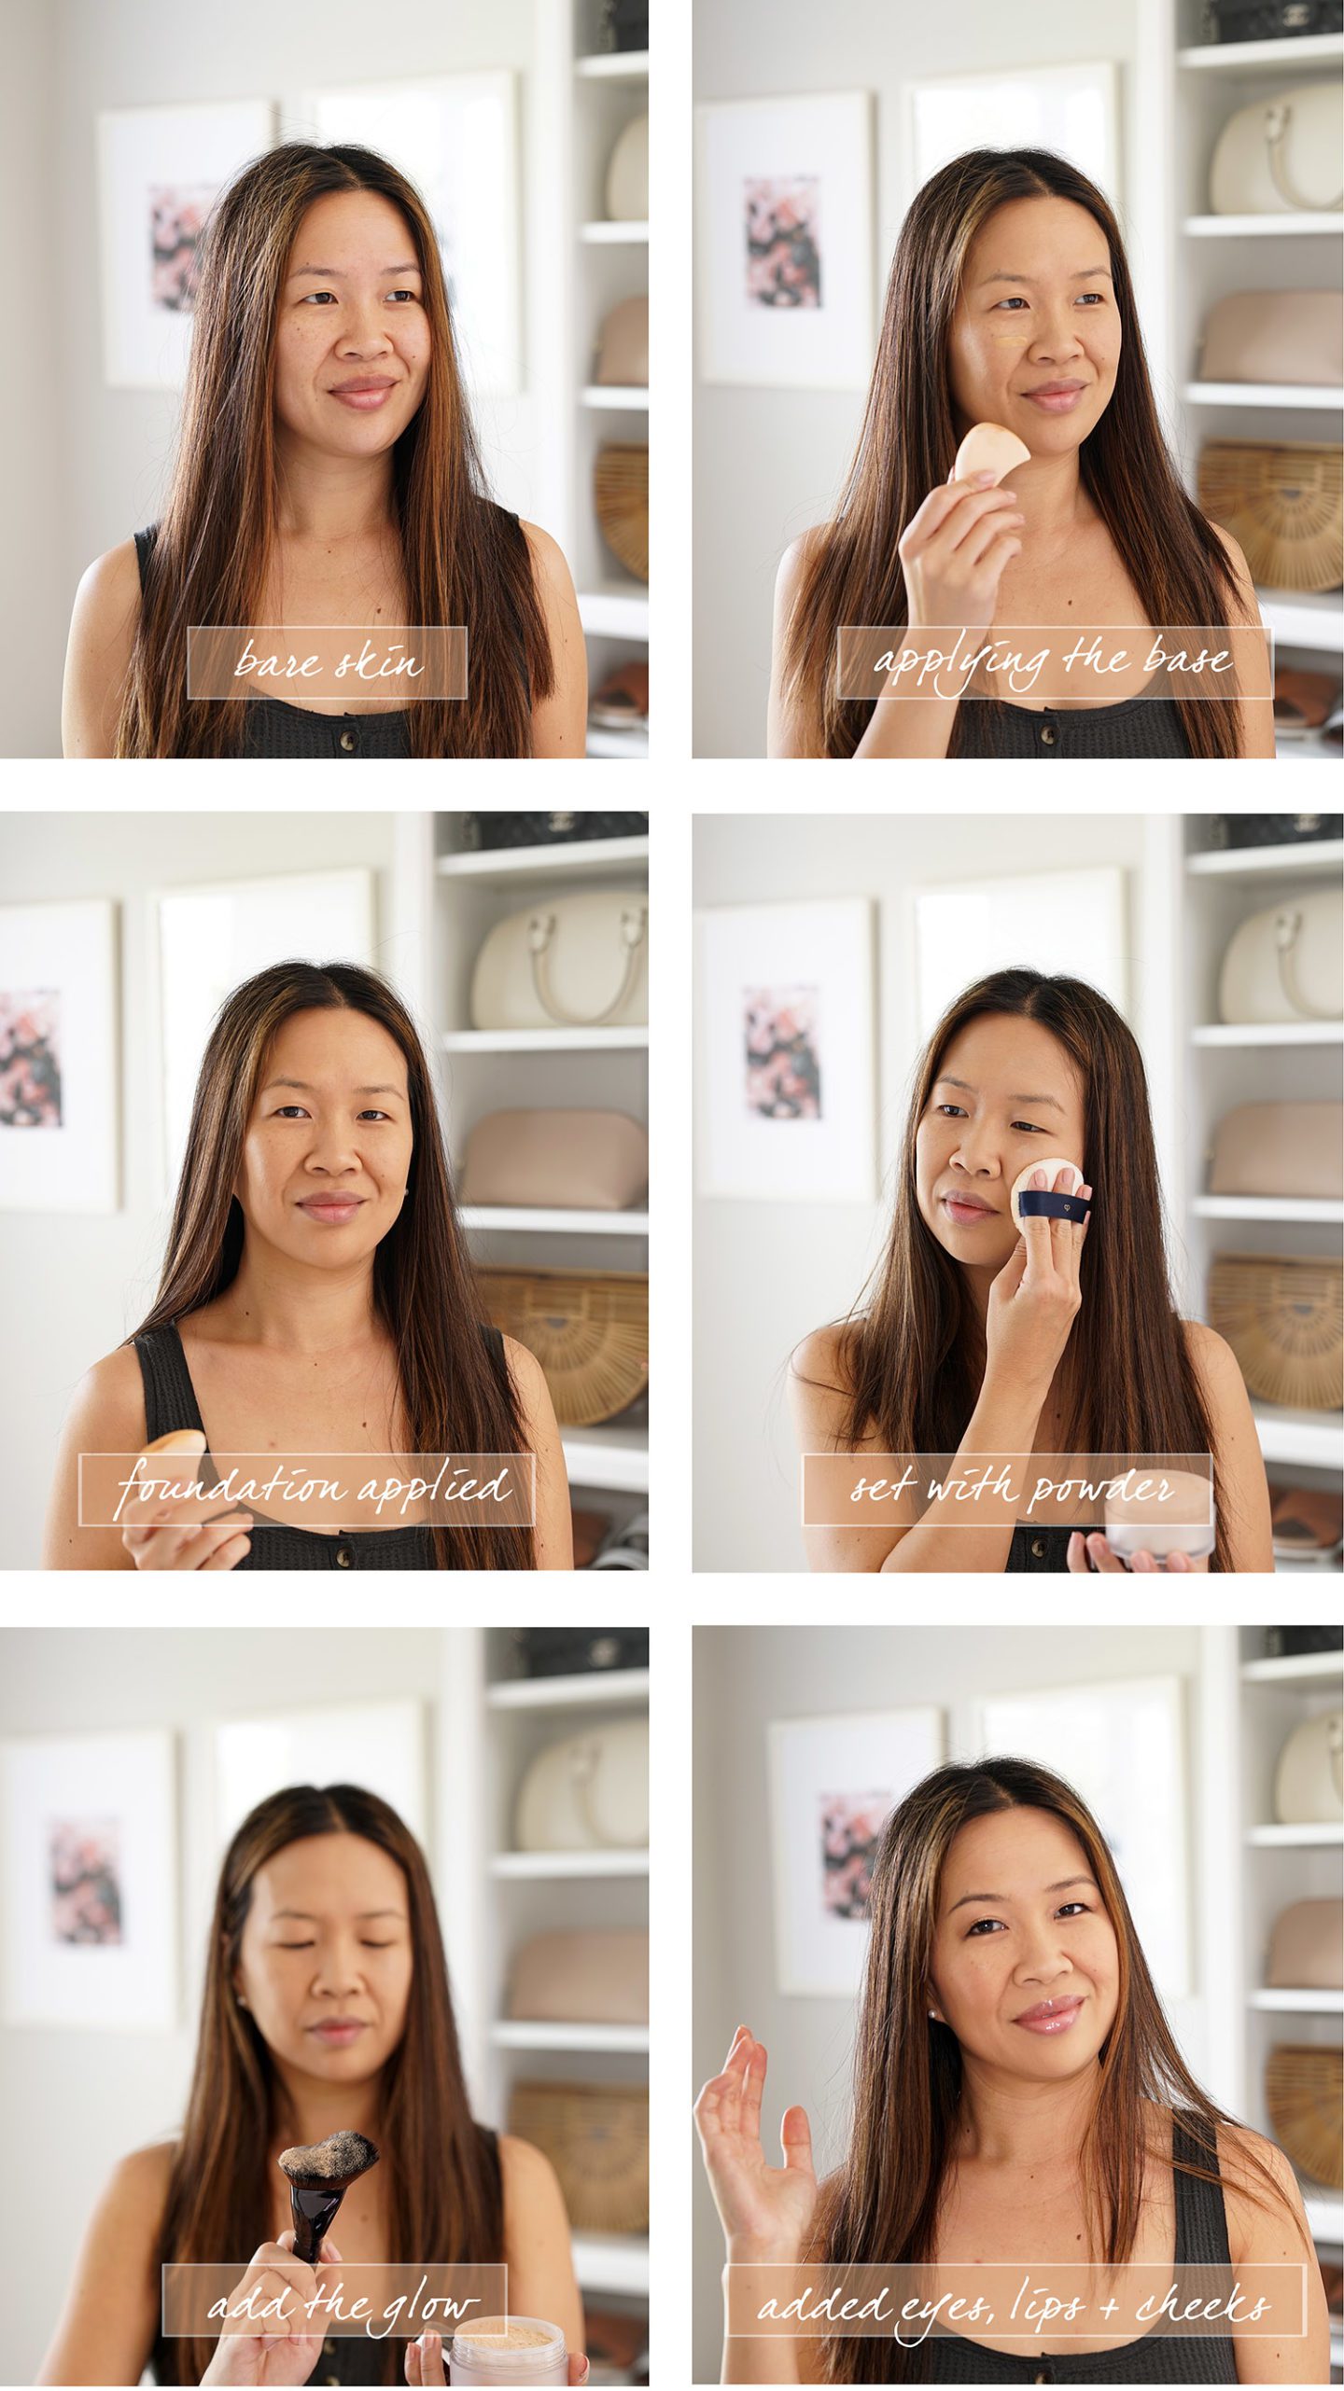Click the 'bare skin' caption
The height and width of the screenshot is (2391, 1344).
click(327, 662)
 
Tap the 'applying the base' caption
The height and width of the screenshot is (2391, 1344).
click(1055, 662)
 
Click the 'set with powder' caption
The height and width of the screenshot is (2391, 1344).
click(1008, 1489)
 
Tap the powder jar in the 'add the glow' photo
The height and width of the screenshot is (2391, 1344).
click(509, 2352)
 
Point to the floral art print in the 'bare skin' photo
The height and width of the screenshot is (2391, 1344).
click(182, 246)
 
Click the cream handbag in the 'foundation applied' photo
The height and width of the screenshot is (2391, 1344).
click(560, 961)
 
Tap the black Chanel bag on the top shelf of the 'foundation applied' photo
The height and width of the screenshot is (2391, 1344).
click(551, 829)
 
